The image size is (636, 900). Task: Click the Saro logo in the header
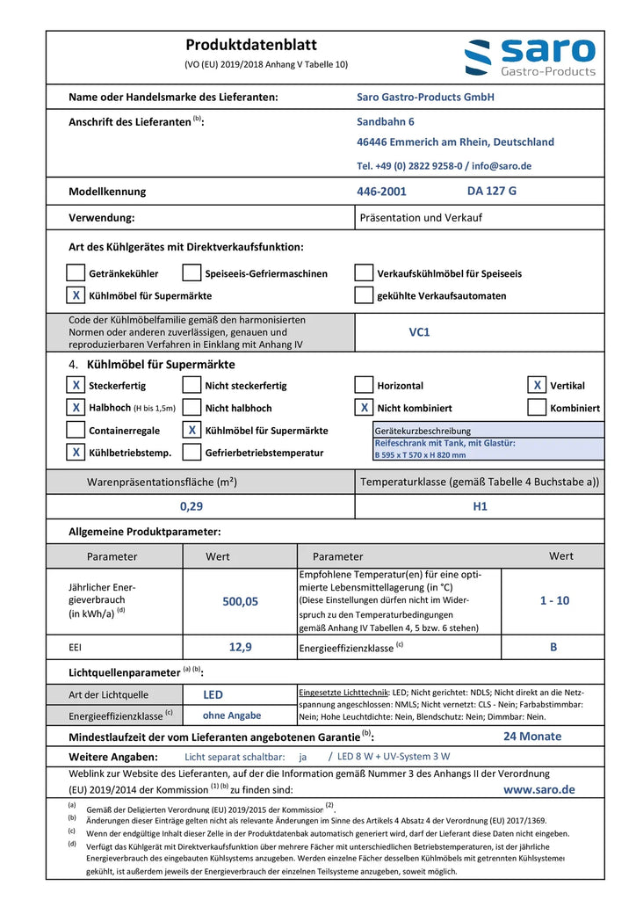(530, 57)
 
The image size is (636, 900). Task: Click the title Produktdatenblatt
(251, 45)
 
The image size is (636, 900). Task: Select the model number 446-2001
(381, 191)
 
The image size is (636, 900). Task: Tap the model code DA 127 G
(492, 190)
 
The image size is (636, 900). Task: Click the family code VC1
(419, 333)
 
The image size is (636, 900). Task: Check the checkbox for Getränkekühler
(76, 273)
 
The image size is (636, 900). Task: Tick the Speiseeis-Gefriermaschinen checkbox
(192, 273)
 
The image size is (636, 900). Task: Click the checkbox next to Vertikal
(537, 385)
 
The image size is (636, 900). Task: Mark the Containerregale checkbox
(76, 431)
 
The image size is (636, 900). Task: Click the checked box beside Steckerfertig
(76, 385)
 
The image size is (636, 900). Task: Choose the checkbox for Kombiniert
(537, 408)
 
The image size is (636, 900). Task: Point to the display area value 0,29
(192, 506)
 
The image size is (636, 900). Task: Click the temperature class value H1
(480, 506)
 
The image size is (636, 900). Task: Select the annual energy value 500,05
(241, 601)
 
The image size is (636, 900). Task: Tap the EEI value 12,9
(241, 647)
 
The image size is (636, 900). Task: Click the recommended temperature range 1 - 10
(554, 600)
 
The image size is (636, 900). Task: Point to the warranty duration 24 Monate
(532, 737)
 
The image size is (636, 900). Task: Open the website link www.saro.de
(539, 789)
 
